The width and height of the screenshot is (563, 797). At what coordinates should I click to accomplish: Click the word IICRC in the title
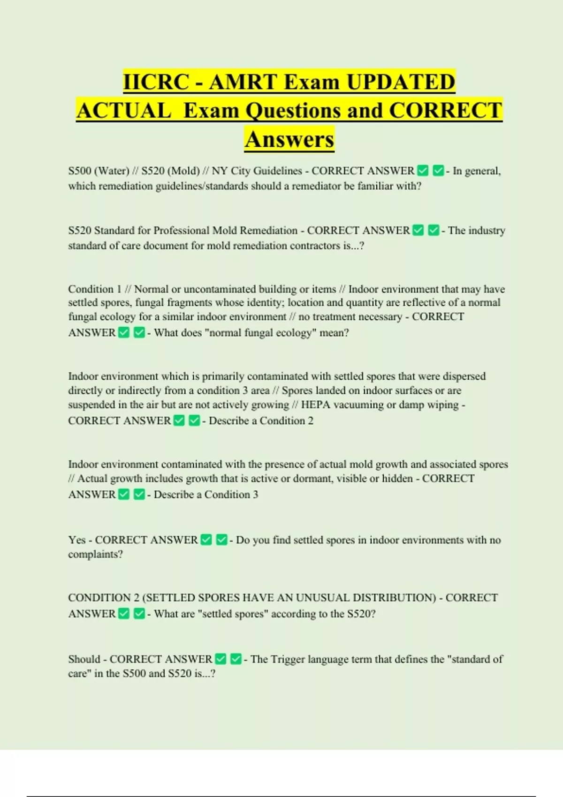[x=156, y=82]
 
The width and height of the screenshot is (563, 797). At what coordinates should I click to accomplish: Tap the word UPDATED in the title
[x=401, y=82]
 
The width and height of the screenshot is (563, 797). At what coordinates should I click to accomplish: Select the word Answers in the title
[x=289, y=139]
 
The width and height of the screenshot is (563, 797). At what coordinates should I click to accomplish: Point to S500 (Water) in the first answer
[x=99, y=171]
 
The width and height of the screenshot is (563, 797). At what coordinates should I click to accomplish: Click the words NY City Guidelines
[x=257, y=171]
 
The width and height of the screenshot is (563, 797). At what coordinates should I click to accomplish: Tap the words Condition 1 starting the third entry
[x=95, y=289]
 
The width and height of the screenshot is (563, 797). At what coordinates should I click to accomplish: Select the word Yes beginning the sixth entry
[x=77, y=540]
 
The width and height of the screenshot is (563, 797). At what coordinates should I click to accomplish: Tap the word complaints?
[x=95, y=554]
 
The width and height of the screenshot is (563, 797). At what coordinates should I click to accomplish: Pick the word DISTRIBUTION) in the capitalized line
[x=394, y=598]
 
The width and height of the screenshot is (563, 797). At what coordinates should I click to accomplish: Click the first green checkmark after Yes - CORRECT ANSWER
[x=206, y=540]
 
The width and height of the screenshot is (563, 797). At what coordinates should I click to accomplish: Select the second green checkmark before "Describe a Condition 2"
[x=194, y=421]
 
